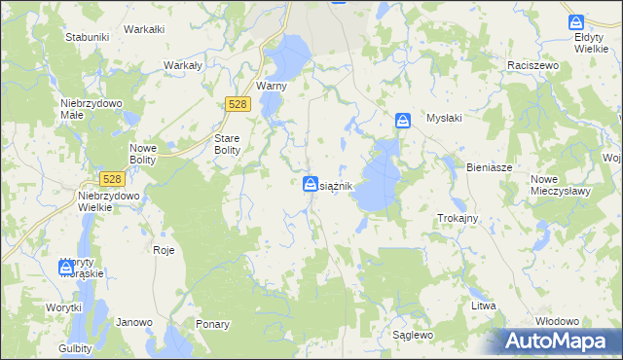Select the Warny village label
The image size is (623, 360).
[x=269, y=86]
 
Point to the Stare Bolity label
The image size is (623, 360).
[x=233, y=144]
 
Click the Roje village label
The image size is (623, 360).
[x=164, y=250]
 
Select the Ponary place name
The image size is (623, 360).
[x=212, y=324]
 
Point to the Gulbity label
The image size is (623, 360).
[x=74, y=347]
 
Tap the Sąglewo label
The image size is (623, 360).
[x=413, y=335]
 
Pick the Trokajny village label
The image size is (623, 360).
[x=458, y=218]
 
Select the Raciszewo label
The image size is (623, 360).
[x=531, y=64]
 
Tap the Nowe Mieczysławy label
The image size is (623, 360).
[x=562, y=186]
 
